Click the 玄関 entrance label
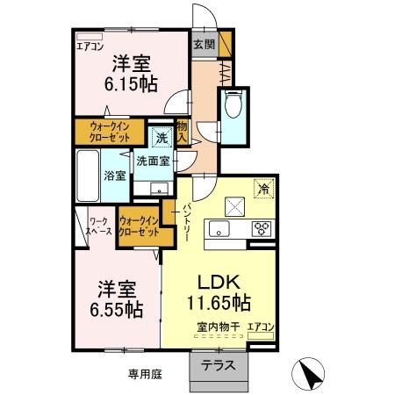pos(203,43)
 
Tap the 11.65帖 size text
pos(218,304)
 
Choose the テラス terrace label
pos(218,367)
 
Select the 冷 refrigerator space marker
pos(262,186)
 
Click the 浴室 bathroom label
pos(115,175)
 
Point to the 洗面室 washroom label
pos(153,162)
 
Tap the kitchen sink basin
pos(218,229)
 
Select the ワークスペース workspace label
pos(97,226)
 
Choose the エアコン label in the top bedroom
pos(90,47)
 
